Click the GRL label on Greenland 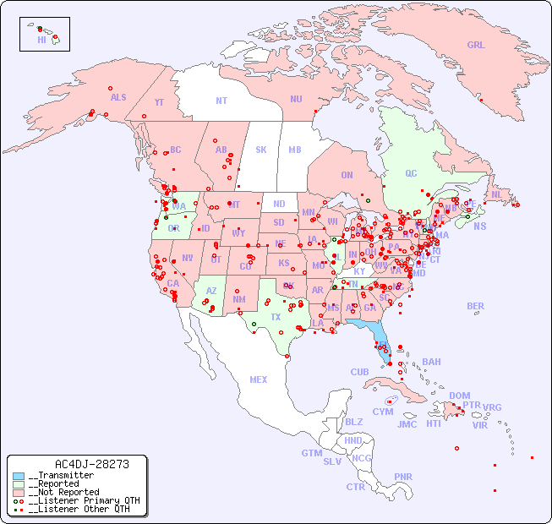pos(476,46)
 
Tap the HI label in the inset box pos(41,40)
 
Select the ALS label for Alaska pos(118,97)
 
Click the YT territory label pos(159,102)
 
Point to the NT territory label pos(221,101)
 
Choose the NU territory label pos(296,99)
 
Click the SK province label pos(261,150)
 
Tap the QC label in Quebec pos(411,173)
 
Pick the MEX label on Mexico pos(259,379)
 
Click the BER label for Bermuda pos(475,306)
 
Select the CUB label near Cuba pos(359,372)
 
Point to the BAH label pos(431,362)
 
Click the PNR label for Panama pos(403,477)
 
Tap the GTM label pos(311,453)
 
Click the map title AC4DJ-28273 pos(91,465)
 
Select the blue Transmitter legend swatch pos(19,476)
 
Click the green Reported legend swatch pos(19,484)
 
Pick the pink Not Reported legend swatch pos(19,493)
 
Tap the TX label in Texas pos(276,317)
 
